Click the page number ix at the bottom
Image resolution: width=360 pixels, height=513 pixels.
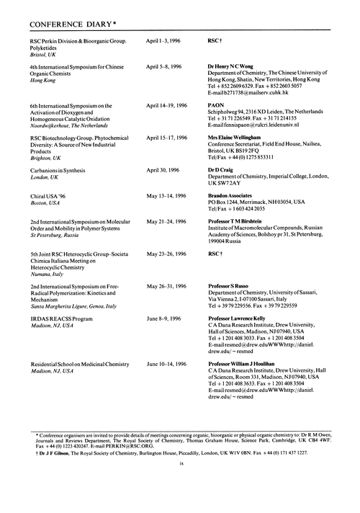(x=180, y=504)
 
